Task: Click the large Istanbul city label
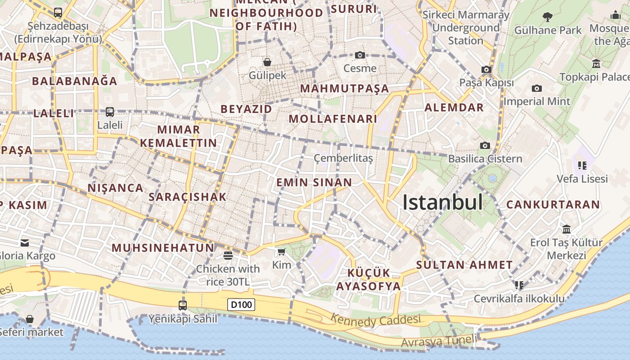click(442, 202)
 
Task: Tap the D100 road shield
click(241, 305)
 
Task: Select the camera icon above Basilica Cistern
click(485, 145)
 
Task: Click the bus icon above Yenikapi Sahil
click(183, 305)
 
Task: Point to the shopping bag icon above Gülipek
click(267, 62)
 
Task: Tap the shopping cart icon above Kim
click(282, 252)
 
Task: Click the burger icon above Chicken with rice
click(228, 256)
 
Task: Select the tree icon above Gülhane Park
click(548, 17)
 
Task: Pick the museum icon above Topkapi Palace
click(597, 63)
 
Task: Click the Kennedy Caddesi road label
click(376, 320)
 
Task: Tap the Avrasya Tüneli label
click(438, 341)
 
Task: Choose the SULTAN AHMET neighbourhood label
click(464, 265)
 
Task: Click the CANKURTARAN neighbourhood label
click(553, 205)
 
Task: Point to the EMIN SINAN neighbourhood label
click(314, 182)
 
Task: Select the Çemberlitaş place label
click(343, 158)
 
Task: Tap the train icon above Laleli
click(110, 112)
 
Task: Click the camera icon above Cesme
click(360, 55)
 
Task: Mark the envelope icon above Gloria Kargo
click(25, 243)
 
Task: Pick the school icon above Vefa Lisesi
click(582, 165)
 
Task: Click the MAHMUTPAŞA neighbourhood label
click(345, 88)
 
